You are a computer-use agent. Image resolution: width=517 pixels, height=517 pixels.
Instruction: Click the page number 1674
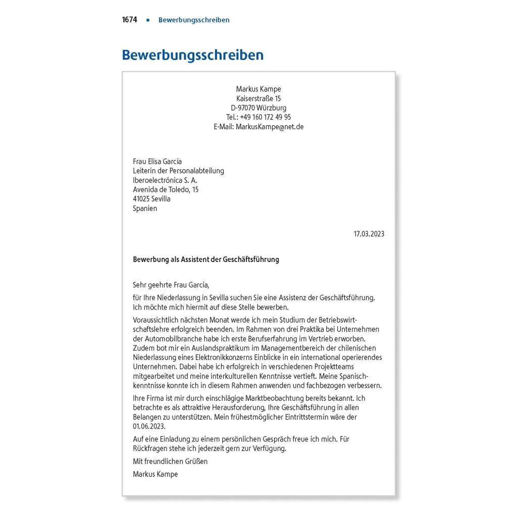129,20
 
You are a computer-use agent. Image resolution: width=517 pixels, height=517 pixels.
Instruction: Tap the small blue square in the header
148,20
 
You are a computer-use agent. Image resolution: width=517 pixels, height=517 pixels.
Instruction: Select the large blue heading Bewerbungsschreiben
193,55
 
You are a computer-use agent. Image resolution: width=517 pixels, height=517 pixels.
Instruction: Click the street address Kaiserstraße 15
258,98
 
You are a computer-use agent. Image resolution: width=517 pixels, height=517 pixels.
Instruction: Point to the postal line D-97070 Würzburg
258,108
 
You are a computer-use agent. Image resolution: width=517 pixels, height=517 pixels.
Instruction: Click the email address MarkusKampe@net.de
270,127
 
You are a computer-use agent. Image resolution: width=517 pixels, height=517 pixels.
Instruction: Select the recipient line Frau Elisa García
158,162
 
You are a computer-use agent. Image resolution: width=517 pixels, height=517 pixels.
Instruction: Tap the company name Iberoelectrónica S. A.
165,180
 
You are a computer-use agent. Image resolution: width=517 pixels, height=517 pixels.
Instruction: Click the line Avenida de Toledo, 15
166,189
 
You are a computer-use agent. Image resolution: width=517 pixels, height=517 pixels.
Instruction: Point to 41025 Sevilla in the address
151,199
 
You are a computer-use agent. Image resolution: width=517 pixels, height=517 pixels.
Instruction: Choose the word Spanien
145,208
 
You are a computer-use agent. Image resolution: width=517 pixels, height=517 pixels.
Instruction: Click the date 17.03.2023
369,234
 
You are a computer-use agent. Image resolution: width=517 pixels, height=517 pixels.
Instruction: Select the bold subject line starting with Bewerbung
206,260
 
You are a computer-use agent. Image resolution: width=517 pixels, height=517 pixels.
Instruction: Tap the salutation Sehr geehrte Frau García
170,285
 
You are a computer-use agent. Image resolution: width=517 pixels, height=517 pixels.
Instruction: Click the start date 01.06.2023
149,426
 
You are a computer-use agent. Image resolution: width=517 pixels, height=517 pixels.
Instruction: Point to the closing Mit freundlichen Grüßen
170,461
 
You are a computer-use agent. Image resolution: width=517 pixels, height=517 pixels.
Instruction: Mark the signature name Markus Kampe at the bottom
156,474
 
